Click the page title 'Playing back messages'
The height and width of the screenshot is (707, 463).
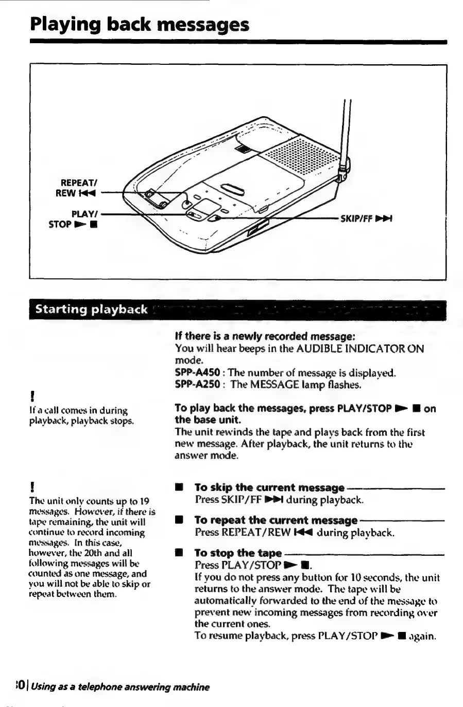click(x=140, y=24)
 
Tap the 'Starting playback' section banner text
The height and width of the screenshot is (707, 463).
click(x=91, y=310)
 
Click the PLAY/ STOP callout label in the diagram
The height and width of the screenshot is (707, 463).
click(x=75, y=219)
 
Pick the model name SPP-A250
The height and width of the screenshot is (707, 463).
click(x=198, y=384)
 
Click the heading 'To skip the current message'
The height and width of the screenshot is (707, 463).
click(x=269, y=487)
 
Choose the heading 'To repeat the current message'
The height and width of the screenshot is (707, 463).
click(x=276, y=520)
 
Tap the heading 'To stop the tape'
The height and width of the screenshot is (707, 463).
click(x=238, y=553)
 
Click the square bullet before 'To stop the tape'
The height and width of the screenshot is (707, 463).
click(x=179, y=553)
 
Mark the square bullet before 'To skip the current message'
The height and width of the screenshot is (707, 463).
click(x=179, y=487)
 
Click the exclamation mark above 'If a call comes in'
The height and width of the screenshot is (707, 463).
click(x=32, y=396)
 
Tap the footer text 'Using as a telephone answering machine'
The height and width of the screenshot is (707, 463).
click(x=120, y=687)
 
